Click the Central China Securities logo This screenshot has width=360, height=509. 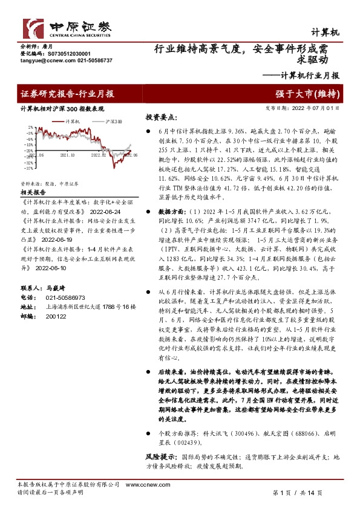point(67,27)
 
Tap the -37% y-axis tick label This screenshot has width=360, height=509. point(28,167)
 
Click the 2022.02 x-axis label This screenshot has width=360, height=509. point(99,155)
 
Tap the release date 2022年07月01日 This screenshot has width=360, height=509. point(319,109)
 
